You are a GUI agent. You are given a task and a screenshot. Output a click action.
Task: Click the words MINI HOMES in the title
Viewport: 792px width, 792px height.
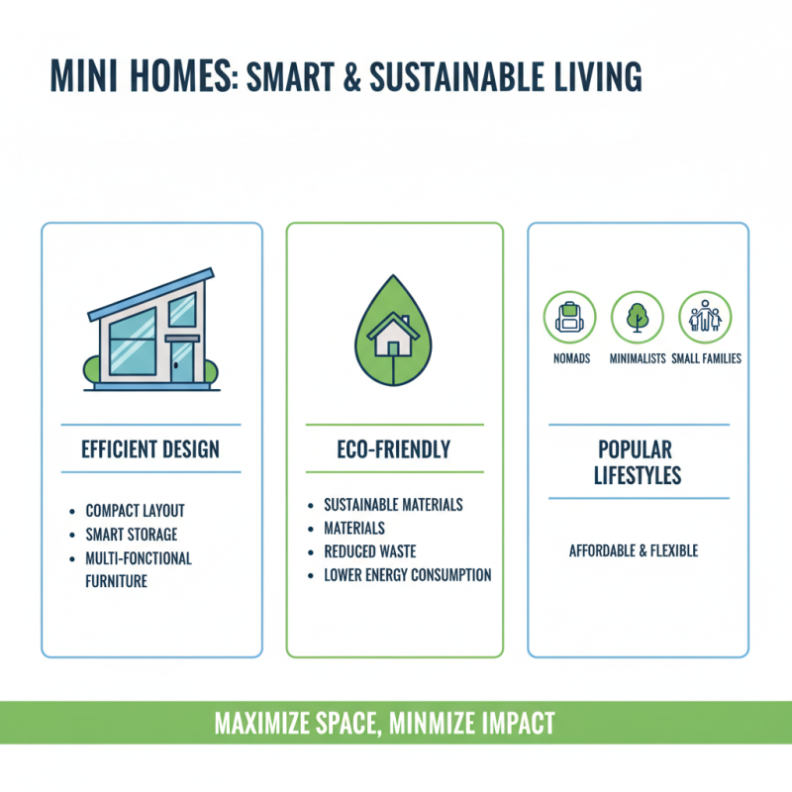[x=139, y=77]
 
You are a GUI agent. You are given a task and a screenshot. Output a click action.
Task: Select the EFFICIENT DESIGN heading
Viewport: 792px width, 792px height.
[x=150, y=449]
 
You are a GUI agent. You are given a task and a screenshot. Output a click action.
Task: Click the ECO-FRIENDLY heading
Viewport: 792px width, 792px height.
[x=394, y=449]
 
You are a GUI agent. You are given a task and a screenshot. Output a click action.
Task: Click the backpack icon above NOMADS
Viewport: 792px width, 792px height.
[x=569, y=317]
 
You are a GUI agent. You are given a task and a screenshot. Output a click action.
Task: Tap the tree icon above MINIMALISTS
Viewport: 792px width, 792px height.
[x=637, y=317]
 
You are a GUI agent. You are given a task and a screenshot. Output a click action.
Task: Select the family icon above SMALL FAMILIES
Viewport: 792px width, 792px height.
[x=705, y=317]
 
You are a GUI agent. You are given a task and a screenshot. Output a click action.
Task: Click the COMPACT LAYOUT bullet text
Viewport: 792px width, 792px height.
[x=136, y=511]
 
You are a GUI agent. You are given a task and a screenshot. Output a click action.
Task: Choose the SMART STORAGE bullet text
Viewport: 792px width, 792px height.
[x=130, y=535]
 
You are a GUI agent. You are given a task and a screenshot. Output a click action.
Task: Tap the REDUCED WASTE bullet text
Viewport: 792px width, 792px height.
[x=370, y=551]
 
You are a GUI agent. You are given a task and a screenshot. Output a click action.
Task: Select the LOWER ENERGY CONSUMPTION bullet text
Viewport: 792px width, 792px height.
[x=408, y=575]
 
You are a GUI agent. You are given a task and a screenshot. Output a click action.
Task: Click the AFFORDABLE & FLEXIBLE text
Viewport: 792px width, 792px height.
[x=634, y=550]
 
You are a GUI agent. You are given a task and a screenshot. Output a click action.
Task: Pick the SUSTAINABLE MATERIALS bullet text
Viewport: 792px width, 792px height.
[x=393, y=505]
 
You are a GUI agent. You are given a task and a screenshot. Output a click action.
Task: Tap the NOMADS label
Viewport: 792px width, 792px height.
[x=569, y=358]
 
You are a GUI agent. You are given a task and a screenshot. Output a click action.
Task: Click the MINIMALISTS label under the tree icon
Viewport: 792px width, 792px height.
[x=637, y=358]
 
